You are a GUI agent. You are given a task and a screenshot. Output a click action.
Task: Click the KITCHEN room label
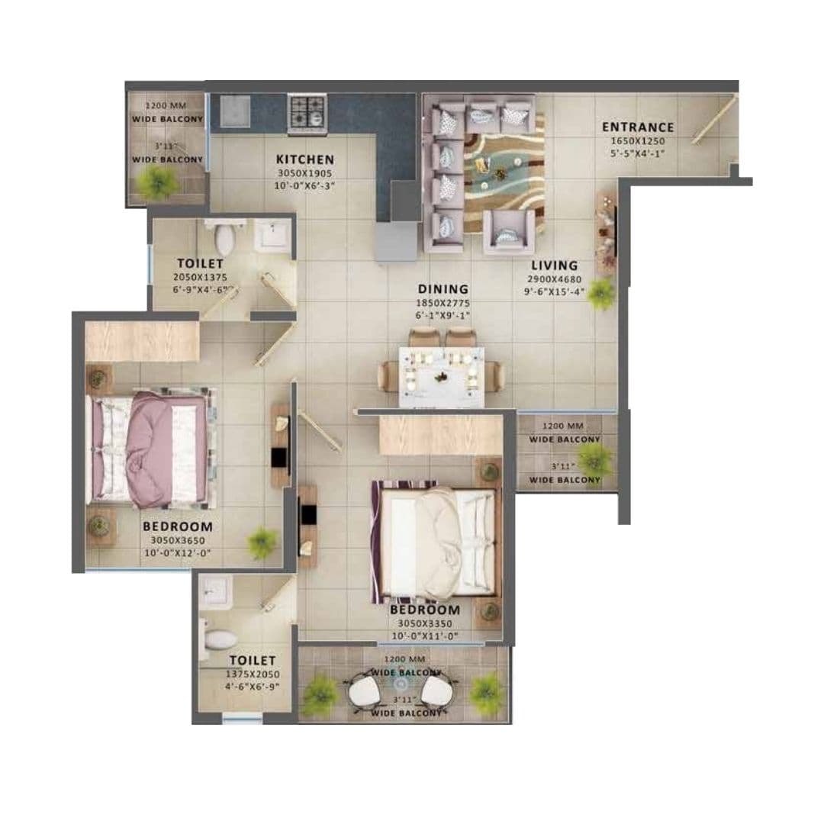tap(304, 159)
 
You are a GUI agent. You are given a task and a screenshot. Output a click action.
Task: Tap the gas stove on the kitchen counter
tap(307, 113)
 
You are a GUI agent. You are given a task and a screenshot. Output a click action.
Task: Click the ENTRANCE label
tap(638, 127)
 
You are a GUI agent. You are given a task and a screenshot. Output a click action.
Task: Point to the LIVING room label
tap(555, 266)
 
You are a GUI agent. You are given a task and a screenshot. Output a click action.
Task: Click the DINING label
tap(443, 289)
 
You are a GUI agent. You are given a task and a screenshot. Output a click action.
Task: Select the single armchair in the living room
tap(509, 232)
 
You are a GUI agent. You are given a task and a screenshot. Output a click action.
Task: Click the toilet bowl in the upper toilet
tap(224, 239)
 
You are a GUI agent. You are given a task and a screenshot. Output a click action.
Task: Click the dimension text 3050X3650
tap(177, 540)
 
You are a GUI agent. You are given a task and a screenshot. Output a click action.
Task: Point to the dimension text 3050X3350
tap(425, 623)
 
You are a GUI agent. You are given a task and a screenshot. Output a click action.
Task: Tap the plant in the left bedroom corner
tap(262, 542)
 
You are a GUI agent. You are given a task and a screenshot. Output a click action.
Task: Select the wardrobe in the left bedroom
tap(142, 340)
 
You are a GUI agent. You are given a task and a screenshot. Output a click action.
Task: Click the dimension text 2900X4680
tap(555, 279)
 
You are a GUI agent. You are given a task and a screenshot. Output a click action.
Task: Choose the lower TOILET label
tap(253, 660)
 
